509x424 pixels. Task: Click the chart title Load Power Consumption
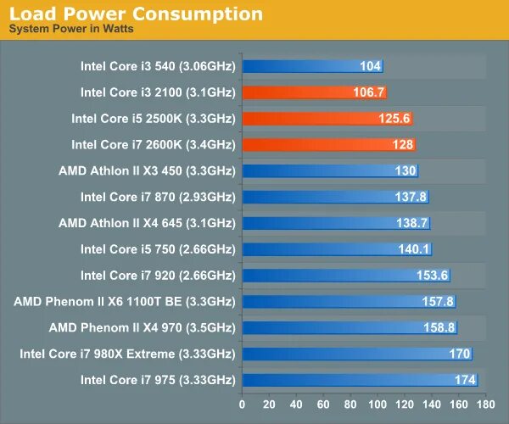pos(135,14)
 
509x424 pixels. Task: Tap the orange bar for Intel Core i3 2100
pos(314,92)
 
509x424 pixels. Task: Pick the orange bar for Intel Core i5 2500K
pos(327,119)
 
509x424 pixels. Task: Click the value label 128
pos(403,145)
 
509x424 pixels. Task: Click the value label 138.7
pos(413,223)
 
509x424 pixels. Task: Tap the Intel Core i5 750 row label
pos(158,249)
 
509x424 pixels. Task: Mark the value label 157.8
pos(438,302)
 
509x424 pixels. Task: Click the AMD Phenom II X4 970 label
pos(142,327)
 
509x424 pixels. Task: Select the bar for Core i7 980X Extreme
pos(356,354)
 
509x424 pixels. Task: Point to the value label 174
pos(465,380)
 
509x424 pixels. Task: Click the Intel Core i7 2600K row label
pos(153,145)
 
